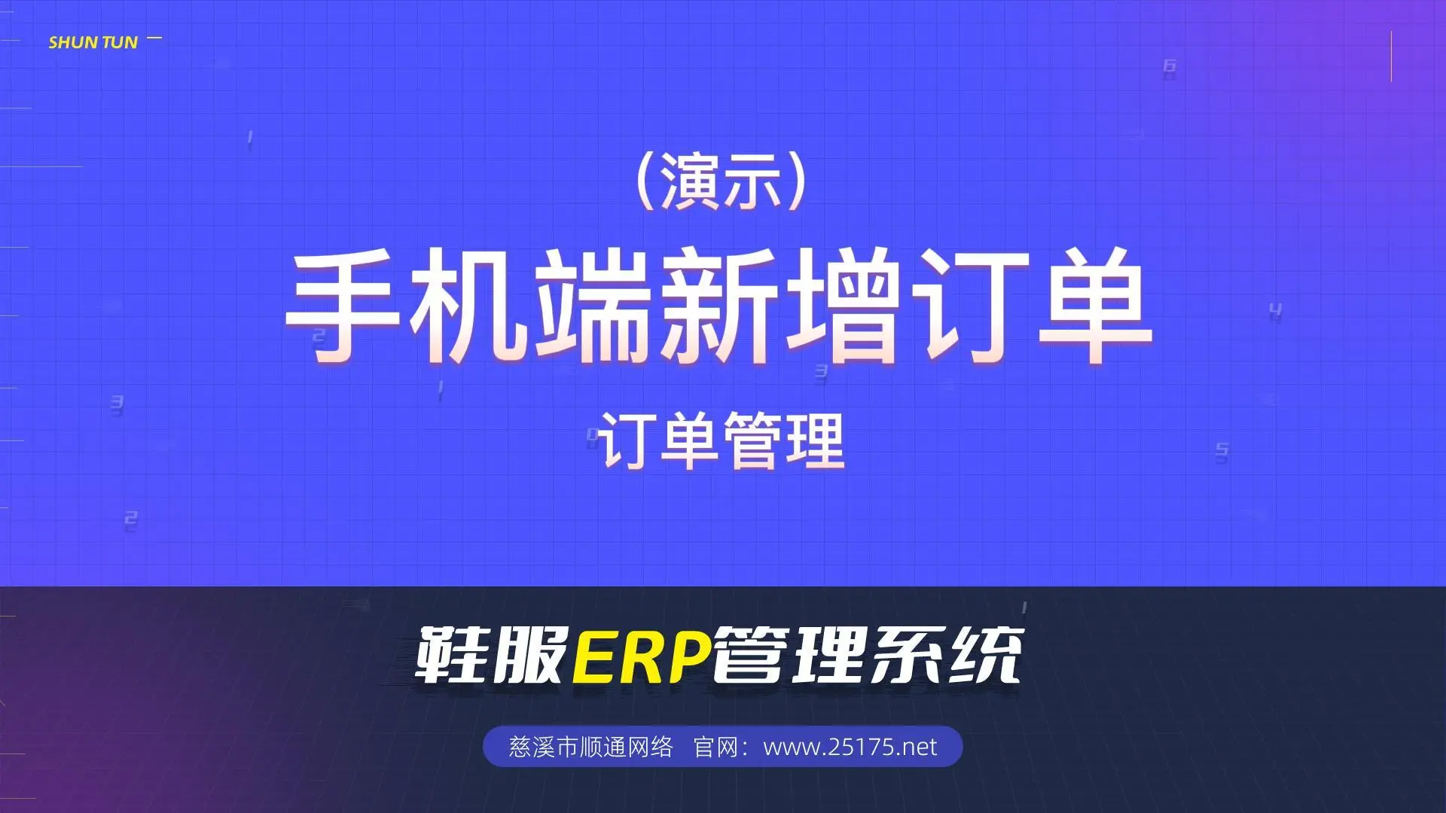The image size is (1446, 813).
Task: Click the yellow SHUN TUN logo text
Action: (93, 43)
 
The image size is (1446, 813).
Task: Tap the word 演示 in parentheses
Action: (721, 182)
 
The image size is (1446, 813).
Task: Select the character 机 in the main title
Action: (469, 306)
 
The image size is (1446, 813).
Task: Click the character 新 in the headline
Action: (719, 306)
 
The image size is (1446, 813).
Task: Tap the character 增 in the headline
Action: (843, 306)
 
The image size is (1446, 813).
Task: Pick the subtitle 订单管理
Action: (721, 441)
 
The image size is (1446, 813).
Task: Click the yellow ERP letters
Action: (642, 656)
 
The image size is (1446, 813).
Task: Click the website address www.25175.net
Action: (850, 747)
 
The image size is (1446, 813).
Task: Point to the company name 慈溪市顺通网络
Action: (590, 747)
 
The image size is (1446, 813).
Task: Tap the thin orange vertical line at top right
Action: (1391, 56)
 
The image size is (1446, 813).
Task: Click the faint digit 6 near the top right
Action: (1170, 67)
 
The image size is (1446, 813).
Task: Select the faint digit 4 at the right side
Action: (1275, 310)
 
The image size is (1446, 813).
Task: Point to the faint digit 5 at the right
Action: (1222, 451)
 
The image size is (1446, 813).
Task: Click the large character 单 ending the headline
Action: (1095, 306)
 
